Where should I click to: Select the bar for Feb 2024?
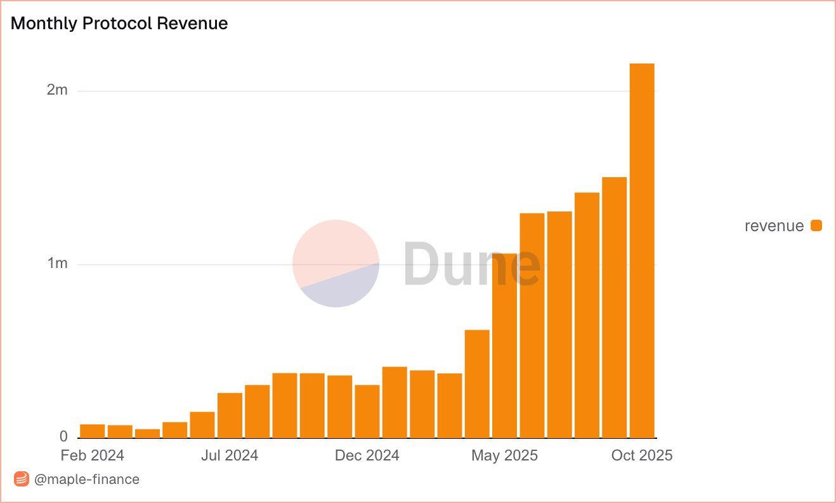(93, 431)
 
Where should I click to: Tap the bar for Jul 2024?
(230, 415)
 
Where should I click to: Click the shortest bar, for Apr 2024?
(147, 434)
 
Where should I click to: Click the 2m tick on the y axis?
(56, 90)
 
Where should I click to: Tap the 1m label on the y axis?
(56, 264)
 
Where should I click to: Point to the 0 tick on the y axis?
(63, 437)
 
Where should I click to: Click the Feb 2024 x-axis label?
(93, 455)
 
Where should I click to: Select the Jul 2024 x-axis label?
(230, 455)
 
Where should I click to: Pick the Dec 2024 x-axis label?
(367, 455)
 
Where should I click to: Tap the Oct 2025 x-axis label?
(642, 455)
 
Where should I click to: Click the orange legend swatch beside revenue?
(816, 225)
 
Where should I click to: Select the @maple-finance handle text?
(86, 479)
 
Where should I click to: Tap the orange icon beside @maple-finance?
(22, 479)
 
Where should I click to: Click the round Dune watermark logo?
(336, 263)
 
